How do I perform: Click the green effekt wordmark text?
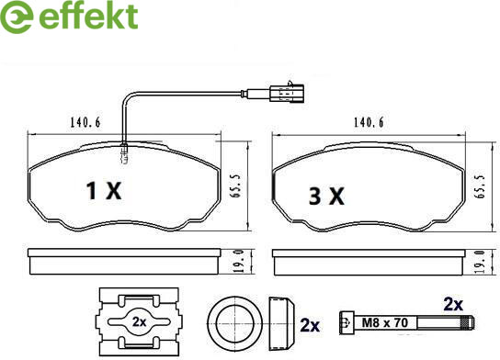pyautogui.click(x=88, y=17)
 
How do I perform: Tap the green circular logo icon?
pyautogui.click(x=17, y=17)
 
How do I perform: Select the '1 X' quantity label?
pyautogui.click(x=104, y=191)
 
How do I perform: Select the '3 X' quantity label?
pyautogui.click(x=326, y=196)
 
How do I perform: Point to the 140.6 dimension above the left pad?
pyautogui.click(x=85, y=122)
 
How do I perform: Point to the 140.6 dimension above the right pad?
pyautogui.click(x=369, y=122)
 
